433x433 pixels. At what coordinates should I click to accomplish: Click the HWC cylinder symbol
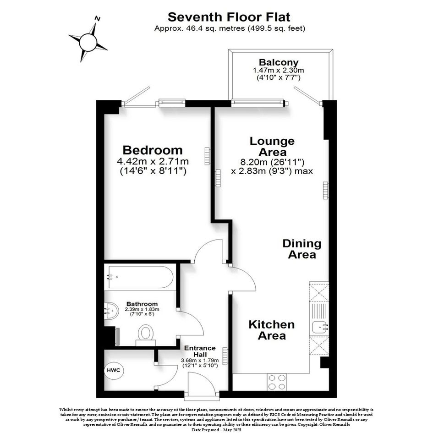click(114, 370)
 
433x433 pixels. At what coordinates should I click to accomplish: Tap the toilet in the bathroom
click(146, 335)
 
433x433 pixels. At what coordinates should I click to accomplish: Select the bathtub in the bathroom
click(141, 277)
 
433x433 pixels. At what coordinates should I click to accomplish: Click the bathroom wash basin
click(111, 310)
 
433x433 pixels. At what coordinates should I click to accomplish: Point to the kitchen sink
click(319, 328)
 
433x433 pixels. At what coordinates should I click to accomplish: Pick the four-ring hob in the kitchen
click(277, 382)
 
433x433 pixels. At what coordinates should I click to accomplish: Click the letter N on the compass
click(97, 18)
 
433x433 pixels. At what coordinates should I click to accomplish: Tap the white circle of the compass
click(88, 42)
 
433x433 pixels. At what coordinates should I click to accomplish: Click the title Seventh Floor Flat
click(229, 17)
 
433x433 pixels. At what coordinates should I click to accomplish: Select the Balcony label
click(279, 62)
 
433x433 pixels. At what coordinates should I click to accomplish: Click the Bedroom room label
click(153, 150)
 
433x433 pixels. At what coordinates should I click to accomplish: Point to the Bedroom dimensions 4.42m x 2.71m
click(153, 161)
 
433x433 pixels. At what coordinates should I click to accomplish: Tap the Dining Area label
click(302, 249)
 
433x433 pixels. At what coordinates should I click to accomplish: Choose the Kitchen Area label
click(271, 330)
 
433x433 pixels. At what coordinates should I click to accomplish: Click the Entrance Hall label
click(200, 351)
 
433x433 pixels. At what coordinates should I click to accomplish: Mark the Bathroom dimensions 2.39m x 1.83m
click(142, 309)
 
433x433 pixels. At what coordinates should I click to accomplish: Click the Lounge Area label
click(272, 147)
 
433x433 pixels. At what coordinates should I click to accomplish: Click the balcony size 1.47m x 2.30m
click(279, 71)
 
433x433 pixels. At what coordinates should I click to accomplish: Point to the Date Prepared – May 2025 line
click(216, 430)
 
